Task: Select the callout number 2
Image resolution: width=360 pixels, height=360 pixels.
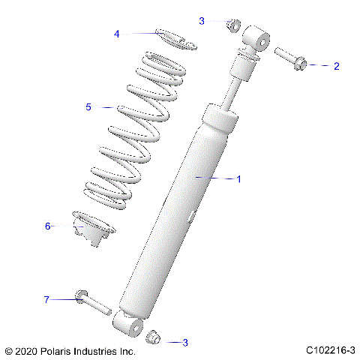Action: (x=336, y=66)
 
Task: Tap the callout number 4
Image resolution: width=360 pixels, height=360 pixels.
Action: (x=117, y=34)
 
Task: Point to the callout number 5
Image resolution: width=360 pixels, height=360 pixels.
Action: (x=88, y=107)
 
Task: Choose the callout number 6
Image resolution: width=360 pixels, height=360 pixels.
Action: (x=48, y=226)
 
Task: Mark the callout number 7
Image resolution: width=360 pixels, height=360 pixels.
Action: (x=46, y=300)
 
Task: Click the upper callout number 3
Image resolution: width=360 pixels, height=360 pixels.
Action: (x=202, y=22)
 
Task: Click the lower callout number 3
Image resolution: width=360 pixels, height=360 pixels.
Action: (x=185, y=343)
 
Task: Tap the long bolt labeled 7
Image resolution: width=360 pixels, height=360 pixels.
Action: (x=93, y=303)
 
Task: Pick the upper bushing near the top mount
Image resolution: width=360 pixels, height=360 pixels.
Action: (x=232, y=27)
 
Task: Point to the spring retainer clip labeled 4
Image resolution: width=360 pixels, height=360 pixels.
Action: (x=175, y=38)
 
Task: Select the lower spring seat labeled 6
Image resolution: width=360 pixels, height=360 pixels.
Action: (x=94, y=232)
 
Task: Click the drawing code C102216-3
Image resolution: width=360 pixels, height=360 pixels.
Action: (x=330, y=350)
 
